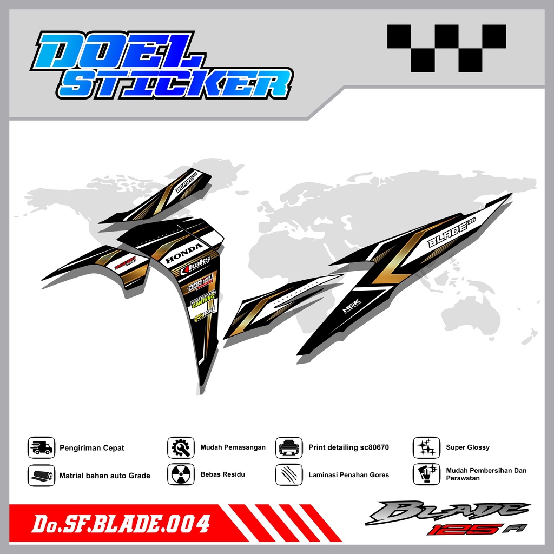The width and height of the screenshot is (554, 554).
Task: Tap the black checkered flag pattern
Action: tap(446, 49)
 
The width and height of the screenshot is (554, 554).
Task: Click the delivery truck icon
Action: tap(42, 448)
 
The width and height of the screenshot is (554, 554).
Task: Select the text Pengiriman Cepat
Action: tap(92, 448)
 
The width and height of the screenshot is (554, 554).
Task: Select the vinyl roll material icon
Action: tap(42, 476)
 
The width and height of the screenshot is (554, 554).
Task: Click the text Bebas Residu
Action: tap(222, 474)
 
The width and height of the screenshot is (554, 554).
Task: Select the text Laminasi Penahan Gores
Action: tap(348, 475)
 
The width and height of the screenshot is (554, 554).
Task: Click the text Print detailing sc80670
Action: tap(348, 447)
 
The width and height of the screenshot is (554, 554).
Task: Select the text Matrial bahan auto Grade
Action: tap(104, 476)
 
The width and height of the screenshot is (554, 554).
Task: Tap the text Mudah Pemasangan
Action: tap(233, 447)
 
